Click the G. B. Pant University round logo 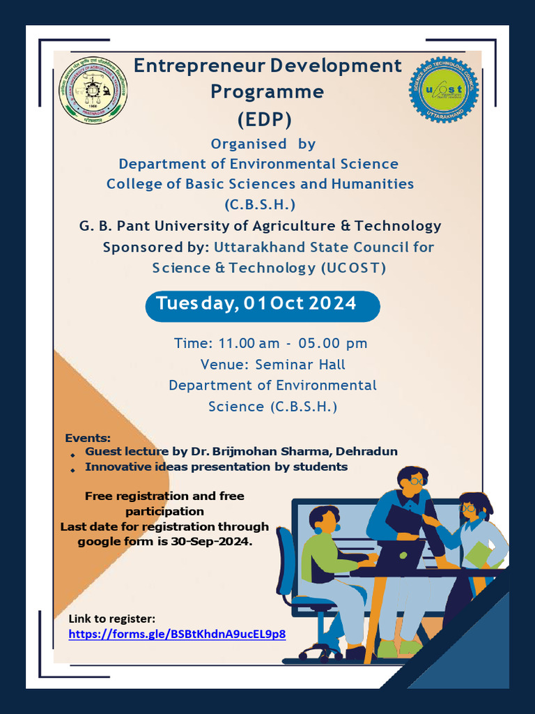93,91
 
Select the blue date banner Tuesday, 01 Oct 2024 262,305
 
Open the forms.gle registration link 177,634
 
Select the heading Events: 88,438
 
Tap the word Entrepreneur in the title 199,66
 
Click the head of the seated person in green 323,519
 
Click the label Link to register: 111,618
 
